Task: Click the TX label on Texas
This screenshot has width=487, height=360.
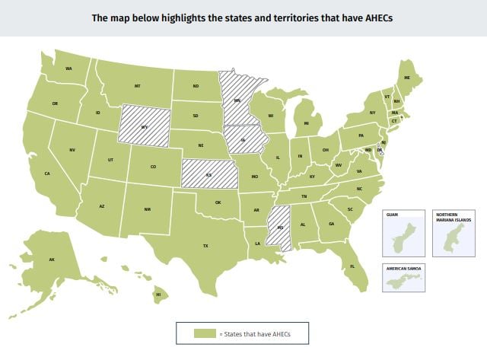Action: (x=205, y=246)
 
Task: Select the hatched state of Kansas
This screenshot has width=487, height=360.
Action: (x=208, y=174)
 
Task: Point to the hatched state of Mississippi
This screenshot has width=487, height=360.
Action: (x=280, y=226)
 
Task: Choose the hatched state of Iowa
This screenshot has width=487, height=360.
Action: (x=244, y=139)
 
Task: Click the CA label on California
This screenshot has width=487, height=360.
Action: (x=47, y=174)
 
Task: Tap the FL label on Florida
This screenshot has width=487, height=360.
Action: (x=352, y=266)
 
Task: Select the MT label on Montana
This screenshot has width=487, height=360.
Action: (x=138, y=86)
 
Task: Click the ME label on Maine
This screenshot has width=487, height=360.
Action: (x=407, y=78)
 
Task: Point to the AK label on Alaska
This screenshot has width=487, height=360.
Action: (x=52, y=260)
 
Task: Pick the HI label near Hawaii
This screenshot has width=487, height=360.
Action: (x=158, y=294)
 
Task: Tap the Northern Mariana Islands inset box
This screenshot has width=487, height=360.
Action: (x=454, y=232)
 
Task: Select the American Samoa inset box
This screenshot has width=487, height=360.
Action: (x=405, y=279)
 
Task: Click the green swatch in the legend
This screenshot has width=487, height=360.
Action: (x=205, y=333)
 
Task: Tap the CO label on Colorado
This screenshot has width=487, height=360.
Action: (x=153, y=167)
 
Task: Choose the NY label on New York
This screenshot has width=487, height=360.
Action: (x=372, y=113)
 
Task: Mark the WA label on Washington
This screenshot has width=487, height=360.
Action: (x=68, y=69)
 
